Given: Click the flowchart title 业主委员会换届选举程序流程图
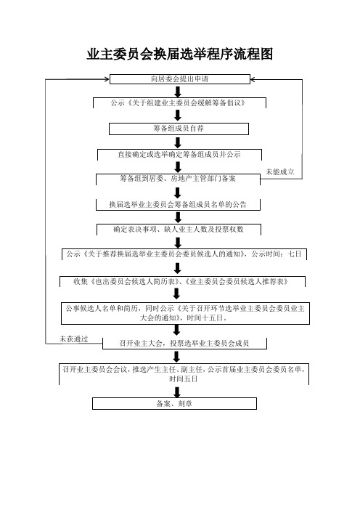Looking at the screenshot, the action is [180, 54].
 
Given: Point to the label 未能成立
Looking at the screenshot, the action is [280, 171].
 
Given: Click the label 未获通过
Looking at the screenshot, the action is [74, 339].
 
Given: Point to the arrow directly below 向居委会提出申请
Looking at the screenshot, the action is [178, 92].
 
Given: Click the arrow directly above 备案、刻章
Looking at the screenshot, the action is [177, 392].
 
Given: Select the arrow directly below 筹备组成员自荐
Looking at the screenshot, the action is [178, 142].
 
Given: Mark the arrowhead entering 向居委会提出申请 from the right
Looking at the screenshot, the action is [253, 79].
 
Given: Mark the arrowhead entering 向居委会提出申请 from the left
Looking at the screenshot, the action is [107, 79].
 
